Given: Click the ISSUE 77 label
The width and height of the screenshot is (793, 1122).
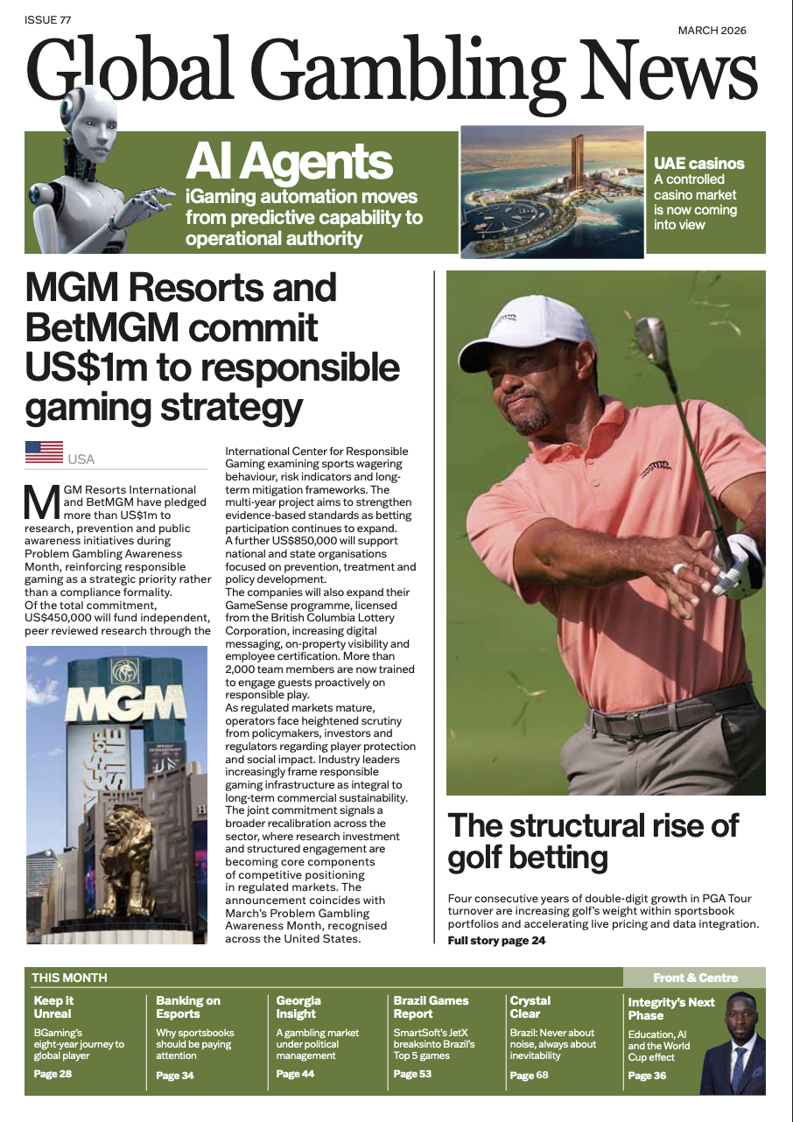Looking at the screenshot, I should point(47,18).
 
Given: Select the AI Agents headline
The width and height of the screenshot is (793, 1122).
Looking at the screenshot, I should point(289,161).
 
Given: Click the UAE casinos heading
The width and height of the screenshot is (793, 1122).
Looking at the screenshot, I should point(698,164).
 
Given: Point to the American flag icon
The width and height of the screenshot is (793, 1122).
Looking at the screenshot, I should point(44,452).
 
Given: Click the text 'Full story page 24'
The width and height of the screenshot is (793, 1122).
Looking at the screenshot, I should point(496,941).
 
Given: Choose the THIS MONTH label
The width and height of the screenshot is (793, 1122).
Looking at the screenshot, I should point(69,978).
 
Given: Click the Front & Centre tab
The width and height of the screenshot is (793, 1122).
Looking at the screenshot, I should point(695,978).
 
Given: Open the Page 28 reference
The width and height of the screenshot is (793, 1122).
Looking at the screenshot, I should point(53,1074).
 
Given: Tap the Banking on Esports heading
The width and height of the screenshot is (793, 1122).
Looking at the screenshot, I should point(188,1007).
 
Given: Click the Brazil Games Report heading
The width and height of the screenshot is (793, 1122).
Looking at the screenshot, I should point(431,1007).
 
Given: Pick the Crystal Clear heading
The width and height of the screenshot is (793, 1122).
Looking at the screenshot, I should point(530,1007).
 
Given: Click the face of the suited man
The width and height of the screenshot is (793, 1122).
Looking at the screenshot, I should point(740,1020).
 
